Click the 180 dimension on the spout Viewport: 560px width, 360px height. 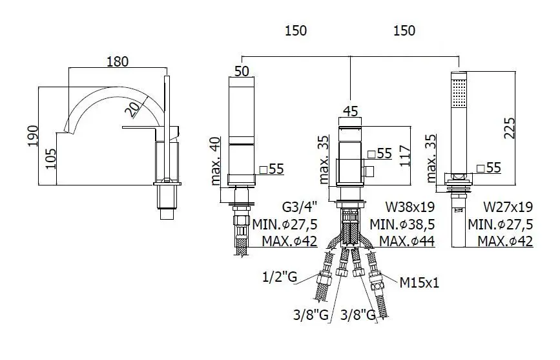[x=118, y=61]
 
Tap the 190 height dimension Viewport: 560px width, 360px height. [x=33, y=136]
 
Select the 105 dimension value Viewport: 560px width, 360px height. [x=51, y=159]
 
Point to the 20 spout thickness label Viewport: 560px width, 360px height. [x=132, y=109]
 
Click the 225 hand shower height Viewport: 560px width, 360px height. [x=509, y=128]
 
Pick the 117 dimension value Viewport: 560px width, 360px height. [x=404, y=156]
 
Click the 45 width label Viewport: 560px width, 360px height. [x=350, y=111]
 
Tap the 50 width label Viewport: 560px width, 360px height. [x=242, y=71]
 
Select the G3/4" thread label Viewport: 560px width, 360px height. [x=299, y=207]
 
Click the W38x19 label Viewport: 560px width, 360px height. [x=410, y=207]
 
